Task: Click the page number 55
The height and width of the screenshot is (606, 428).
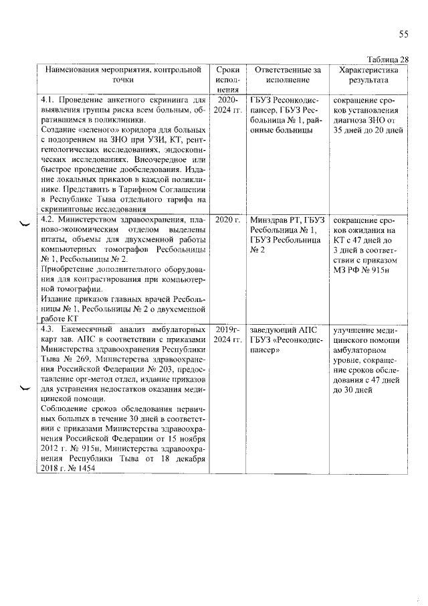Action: [403, 34]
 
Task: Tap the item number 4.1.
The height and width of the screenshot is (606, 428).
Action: [50, 100]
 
